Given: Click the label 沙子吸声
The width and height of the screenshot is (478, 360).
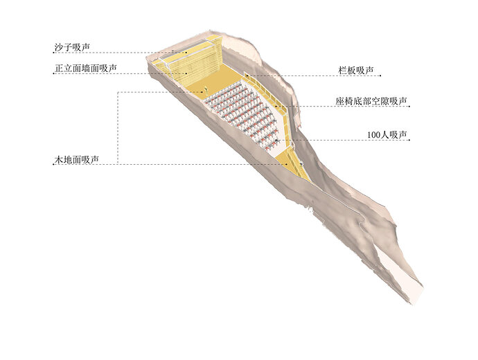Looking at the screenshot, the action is coord(72,47).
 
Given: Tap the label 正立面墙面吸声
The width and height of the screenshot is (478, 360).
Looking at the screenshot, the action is coord(86,69).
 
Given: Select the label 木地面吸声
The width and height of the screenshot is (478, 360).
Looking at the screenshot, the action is coord(76,160).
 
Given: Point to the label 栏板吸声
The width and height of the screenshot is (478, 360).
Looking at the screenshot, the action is coord(356,71).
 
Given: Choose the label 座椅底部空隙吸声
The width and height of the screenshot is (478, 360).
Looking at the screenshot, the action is coord(371,101).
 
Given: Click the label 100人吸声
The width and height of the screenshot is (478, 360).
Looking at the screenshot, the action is coord(387,134).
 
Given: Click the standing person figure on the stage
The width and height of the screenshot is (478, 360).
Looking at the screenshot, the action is coord(206,90).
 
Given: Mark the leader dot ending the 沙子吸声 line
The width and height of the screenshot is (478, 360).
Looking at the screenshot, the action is coord(186,53).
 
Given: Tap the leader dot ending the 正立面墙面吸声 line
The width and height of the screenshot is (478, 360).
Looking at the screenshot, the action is coord(186,73).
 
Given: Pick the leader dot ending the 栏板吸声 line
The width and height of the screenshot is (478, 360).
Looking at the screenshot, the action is coord(247,75).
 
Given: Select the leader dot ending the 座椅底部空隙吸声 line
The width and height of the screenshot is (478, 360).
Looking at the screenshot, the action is coord(276,107).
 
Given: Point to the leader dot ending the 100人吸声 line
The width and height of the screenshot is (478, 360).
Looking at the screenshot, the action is coord(276,140).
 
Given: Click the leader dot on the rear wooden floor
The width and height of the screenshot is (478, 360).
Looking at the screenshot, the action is coord(287,165).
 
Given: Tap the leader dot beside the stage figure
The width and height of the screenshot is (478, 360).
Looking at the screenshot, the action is coord(202,92).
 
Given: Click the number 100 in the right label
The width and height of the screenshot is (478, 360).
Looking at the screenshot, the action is coord(373,135).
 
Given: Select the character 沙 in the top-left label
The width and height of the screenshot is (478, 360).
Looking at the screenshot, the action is coord(59,47).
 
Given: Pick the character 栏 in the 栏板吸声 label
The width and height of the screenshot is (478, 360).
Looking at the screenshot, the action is coord(343,71).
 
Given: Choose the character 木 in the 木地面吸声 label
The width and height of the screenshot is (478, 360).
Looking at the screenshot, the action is coord(59,160).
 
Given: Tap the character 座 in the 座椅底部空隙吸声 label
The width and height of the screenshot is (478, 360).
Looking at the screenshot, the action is coord(340,101).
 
